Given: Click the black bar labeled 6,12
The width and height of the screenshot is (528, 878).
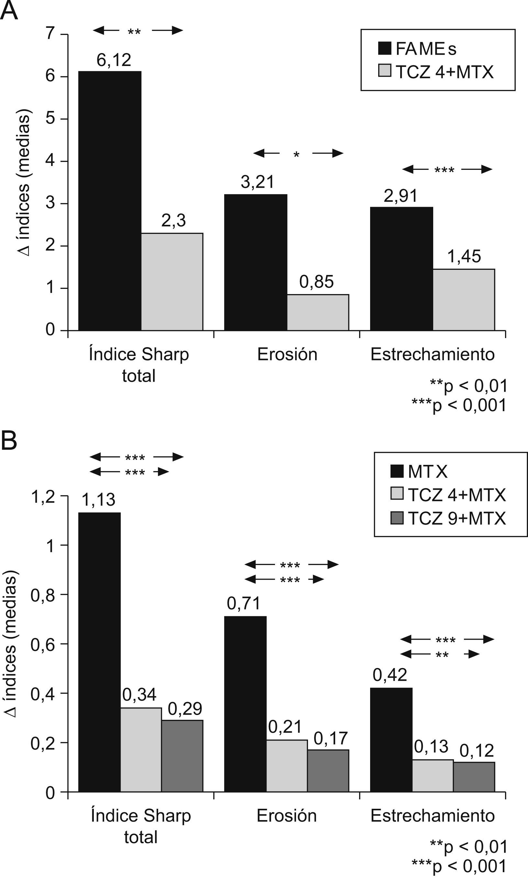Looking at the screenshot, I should (x=110, y=201).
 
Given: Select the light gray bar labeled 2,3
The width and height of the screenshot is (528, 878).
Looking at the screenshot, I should (x=172, y=282).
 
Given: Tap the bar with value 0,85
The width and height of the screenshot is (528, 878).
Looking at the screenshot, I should (x=318, y=313).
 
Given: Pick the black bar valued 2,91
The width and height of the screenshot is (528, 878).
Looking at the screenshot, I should (x=401, y=269).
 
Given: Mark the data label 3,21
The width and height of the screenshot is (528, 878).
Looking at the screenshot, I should (x=258, y=182).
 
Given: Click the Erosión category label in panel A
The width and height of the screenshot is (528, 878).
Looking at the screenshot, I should (x=287, y=355).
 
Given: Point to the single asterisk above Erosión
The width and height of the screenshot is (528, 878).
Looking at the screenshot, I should (x=297, y=154).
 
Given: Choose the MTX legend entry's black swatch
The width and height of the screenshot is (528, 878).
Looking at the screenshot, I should (x=397, y=471).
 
